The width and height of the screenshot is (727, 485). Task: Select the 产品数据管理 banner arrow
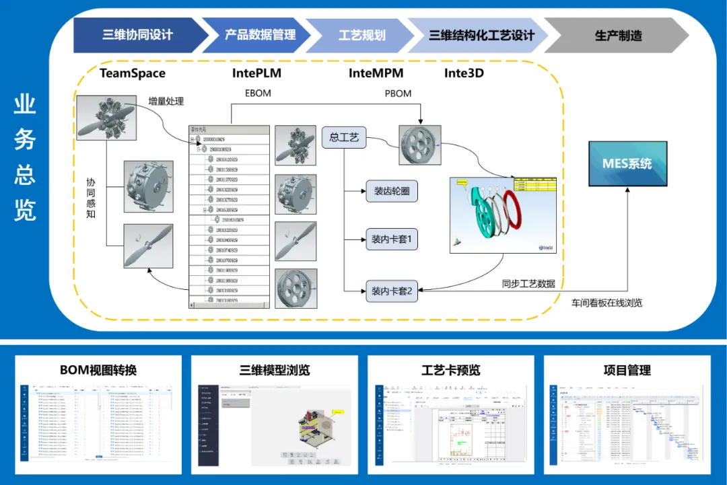(x=260, y=35)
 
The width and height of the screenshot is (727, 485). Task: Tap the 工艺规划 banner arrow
(x=361, y=35)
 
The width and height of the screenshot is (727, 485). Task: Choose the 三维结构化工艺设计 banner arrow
(x=481, y=35)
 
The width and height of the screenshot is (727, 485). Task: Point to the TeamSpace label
(x=133, y=73)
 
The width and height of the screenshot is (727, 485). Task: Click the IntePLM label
(x=256, y=73)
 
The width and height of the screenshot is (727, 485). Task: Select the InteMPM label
(x=376, y=73)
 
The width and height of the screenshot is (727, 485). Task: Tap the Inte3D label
(x=464, y=73)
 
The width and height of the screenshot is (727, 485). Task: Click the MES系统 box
(x=628, y=163)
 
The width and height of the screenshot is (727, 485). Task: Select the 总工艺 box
(x=344, y=138)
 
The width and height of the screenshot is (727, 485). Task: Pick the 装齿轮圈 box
(x=391, y=191)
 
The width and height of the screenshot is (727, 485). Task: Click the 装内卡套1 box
(x=392, y=239)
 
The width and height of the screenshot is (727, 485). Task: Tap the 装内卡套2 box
(x=392, y=292)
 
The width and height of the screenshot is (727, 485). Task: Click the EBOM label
(x=258, y=93)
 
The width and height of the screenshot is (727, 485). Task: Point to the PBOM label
(x=398, y=93)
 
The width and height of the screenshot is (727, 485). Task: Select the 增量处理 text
(x=166, y=102)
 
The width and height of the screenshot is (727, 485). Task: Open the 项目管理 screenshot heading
(x=627, y=370)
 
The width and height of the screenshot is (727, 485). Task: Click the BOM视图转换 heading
(x=98, y=370)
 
